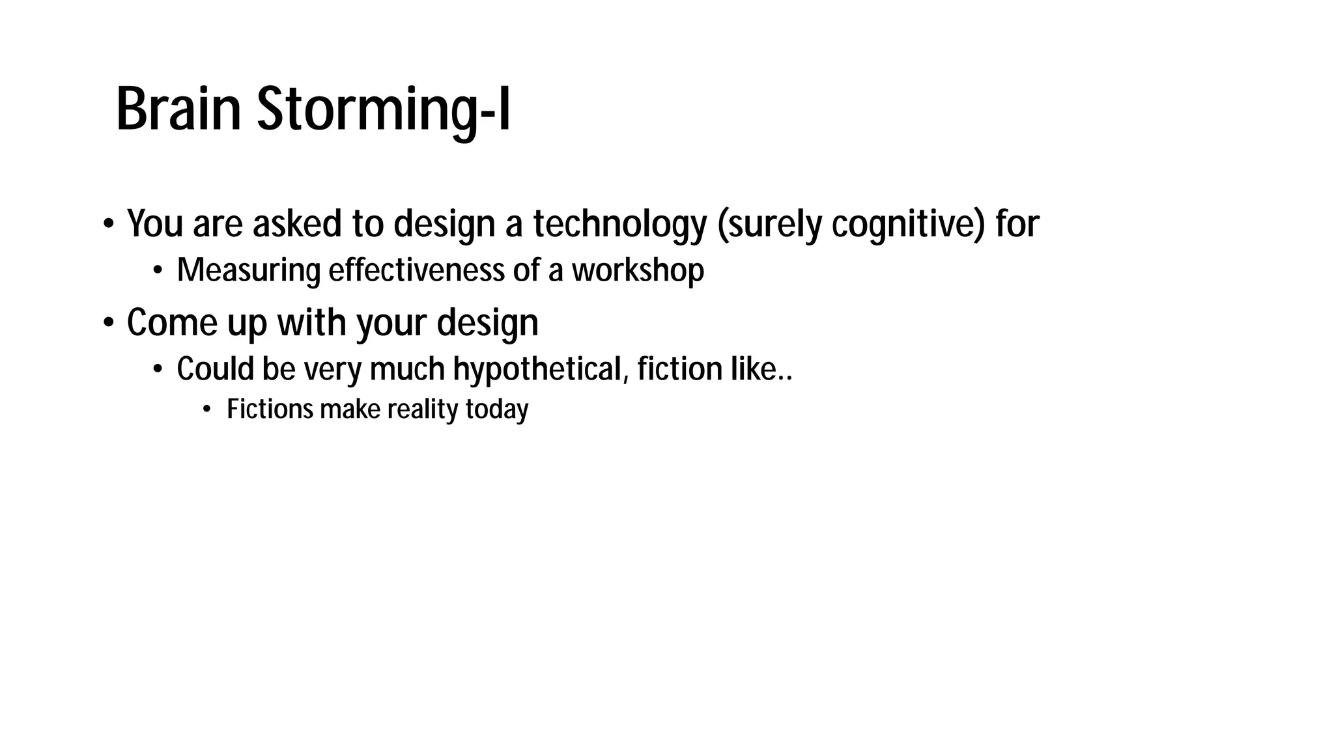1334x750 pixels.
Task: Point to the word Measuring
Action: point(248,270)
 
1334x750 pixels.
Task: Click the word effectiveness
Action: point(416,270)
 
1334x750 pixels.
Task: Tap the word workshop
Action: point(638,270)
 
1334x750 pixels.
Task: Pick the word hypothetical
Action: point(541,369)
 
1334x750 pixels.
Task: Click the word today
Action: point(496,410)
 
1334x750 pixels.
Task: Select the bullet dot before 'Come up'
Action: point(108,323)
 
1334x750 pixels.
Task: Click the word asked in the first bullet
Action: point(297,224)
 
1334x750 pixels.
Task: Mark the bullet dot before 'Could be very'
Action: point(158,370)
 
